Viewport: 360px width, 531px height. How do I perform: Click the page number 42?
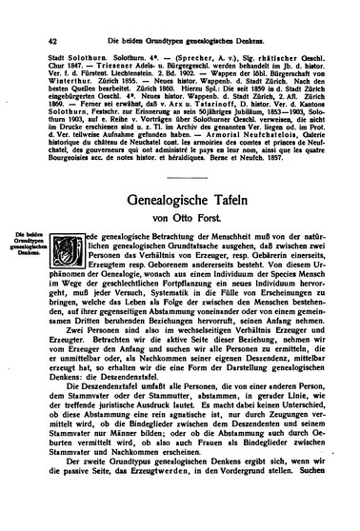[x=24, y=12]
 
